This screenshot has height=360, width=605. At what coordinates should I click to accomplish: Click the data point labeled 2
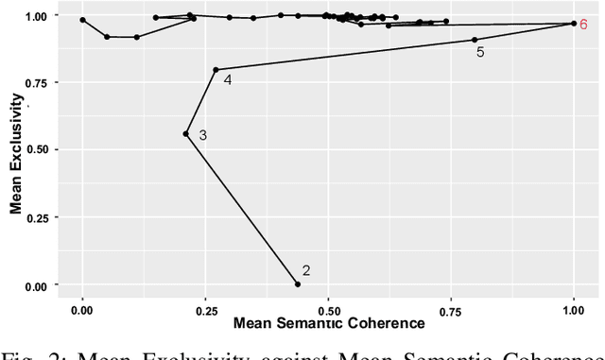tap(298, 284)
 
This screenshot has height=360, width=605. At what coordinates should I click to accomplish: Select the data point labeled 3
tap(186, 134)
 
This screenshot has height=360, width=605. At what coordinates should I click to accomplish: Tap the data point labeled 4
tap(216, 69)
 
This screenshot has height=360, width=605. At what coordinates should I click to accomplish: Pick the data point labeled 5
tap(475, 40)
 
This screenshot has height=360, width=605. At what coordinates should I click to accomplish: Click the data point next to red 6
tap(573, 24)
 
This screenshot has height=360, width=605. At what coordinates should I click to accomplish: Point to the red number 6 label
tap(585, 24)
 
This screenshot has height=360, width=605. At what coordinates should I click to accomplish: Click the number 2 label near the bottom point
tap(305, 271)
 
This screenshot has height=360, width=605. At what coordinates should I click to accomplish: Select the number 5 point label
tap(480, 53)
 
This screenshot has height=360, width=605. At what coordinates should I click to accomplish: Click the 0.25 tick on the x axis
tap(205, 309)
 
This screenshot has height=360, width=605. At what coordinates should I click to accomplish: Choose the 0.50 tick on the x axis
tap(328, 309)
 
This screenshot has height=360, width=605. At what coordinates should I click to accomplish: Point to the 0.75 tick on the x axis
tap(451, 309)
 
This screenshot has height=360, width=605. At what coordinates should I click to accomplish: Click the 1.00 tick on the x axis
tap(573, 309)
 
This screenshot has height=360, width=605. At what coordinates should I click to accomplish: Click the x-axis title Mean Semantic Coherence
tap(328, 324)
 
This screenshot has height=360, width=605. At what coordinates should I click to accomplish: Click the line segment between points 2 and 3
tap(242, 209)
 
